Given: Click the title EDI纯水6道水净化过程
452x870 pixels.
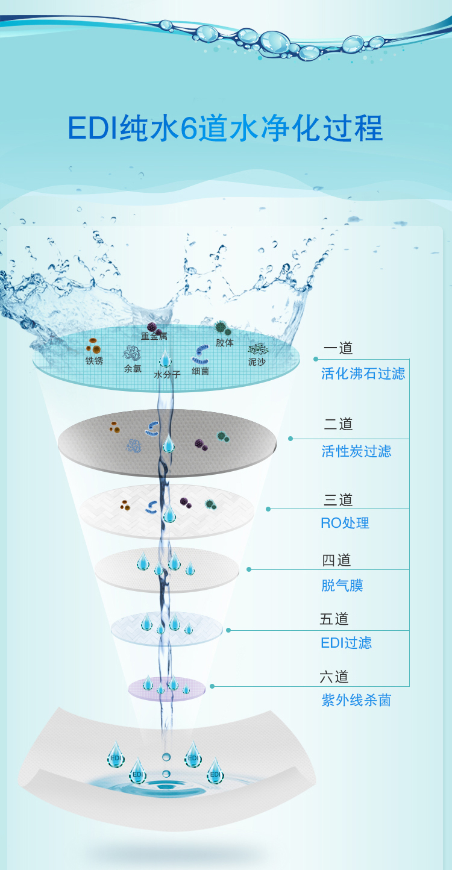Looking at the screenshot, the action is [x=225, y=128].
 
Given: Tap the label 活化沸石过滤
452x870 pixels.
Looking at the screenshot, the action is [x=363, y=374].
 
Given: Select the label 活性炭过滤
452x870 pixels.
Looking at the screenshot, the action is [x=356, y=451].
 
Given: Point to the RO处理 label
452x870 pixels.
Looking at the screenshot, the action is [x=345, y=523].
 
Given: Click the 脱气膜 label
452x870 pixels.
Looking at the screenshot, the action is [x=342, y=585].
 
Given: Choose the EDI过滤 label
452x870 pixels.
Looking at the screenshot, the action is [x=346, y=643].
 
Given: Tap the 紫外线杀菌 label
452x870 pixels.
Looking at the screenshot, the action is [x=356, y=700].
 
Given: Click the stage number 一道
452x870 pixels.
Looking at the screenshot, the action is [x=338, y=348].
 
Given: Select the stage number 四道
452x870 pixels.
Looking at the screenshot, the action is [x=336, y=560].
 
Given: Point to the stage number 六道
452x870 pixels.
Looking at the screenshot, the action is [x=334, y=677].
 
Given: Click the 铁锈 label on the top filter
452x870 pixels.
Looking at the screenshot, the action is [x=94, y=361].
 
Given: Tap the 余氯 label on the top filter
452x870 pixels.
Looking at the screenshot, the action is [x=133, y=369].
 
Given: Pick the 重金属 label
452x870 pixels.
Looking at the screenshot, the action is [x=154, y=336].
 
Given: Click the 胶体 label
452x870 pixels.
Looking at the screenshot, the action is [x=225, y=343].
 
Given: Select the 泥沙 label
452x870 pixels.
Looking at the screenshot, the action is [x=257, y=362].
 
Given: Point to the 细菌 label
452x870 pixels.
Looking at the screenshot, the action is [x=200, y=371].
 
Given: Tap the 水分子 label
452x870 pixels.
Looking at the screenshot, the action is [x=167, y=375].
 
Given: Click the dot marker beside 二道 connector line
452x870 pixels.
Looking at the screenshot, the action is [x=290, y=439].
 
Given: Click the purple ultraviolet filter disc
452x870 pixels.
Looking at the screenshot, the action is [x=167, y=689].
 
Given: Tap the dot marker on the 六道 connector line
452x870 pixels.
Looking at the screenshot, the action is [x=212, y=686].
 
